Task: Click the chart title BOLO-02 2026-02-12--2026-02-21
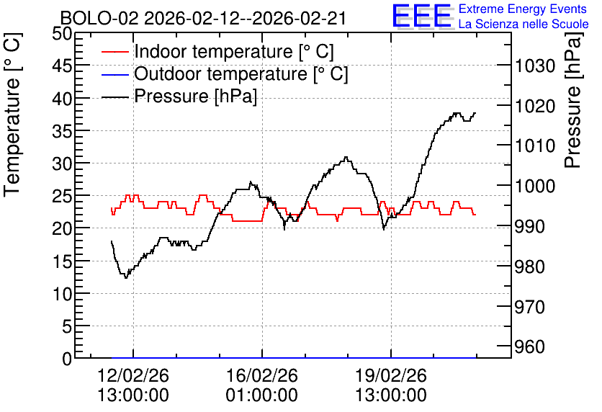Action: [x=204, y=19]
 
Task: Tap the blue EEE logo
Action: [x=422, y=16]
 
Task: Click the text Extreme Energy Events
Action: [x=523, y=9]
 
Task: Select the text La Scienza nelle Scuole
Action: [x=524, y=24]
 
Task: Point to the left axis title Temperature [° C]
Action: [x=12, y=115]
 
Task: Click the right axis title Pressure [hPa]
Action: [x=573, y=100]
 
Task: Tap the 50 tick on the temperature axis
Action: [x=62, y=34]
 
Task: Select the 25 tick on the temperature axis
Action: [x=62, y=196]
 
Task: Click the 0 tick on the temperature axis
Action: [x=67, y=359]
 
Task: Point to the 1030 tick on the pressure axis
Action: [x=535, y=66]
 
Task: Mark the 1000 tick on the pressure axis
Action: [x=535, y=187]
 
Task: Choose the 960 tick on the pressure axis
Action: [x=529, y=346]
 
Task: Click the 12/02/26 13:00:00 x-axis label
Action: [x=133, y=385]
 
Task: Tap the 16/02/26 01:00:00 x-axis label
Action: [x=262, y=385]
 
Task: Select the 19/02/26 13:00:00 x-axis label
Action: [x=391, y=385]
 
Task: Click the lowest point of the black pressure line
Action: [x=125, y=277]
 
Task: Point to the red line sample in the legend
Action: [x=114, y=52]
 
